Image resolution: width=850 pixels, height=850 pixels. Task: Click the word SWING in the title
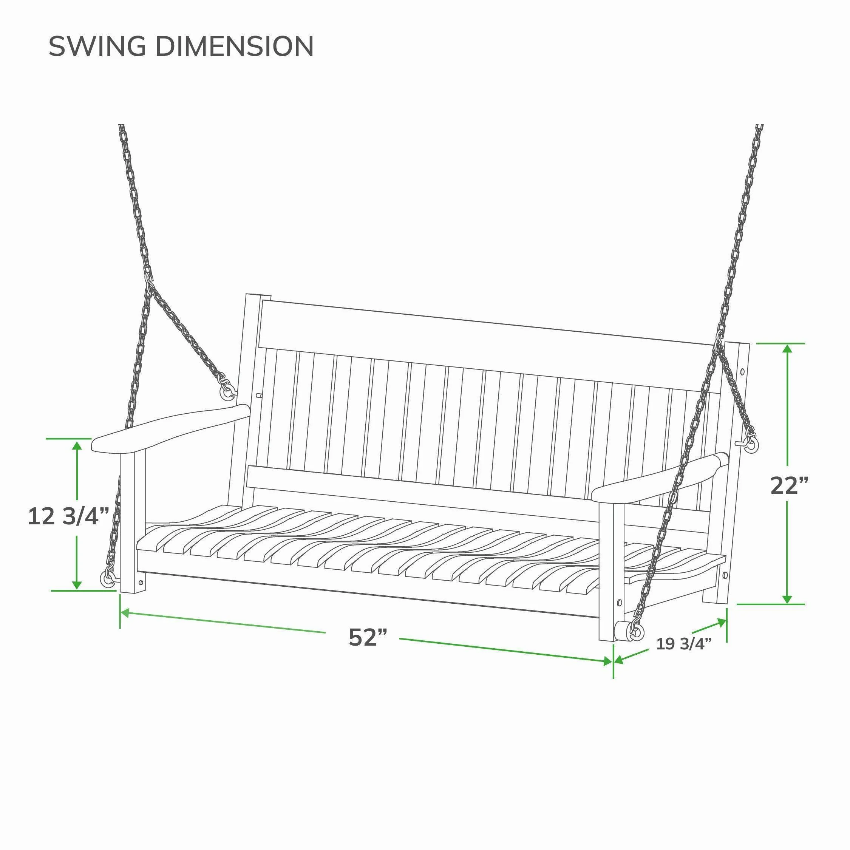tap(97, 46)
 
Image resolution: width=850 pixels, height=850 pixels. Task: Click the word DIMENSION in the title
tap(235, 46)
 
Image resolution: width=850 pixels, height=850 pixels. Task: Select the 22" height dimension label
tap(789, 485)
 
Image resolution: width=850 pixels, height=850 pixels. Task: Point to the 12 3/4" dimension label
tap(68, 516)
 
